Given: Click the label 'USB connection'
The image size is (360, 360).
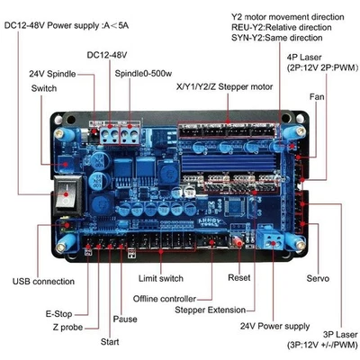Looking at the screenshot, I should pyautogui.click(x=43, y=282).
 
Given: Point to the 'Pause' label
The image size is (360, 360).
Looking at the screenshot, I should pyautogui.click(x=125, y=319).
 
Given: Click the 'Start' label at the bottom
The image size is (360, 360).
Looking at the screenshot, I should pyautogui.click(x=110, y=342).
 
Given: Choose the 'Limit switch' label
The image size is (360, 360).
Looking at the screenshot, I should pyautogui.click(x=161, y=280).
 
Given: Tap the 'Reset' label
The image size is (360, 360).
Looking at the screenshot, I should pyautogui.click(x=238, y=278).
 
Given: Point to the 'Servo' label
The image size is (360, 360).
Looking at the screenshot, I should pyautogui.click(x=319, y=278).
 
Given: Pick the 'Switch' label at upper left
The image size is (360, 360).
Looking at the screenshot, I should pyautogui.click(x=43, y=88).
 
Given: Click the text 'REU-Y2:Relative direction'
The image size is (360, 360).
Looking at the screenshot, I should pyautogui.click(x=281, y=28).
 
